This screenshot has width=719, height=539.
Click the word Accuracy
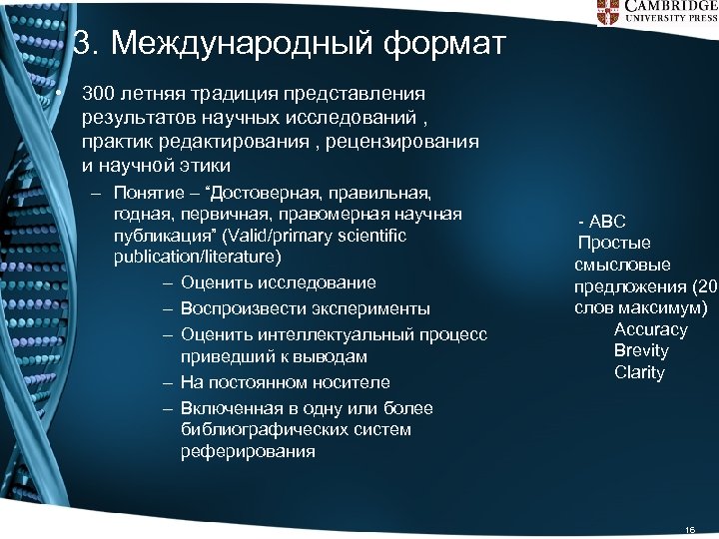click(650, 329)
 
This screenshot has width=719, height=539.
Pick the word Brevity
click(641, 351)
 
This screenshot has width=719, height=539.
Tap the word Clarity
click(639, 373)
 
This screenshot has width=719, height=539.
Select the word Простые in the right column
click(614, 244)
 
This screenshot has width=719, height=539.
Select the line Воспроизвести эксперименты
click(305, 308)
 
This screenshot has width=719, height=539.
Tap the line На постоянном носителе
click(285, 382)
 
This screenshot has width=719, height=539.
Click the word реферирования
click(247, 452)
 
